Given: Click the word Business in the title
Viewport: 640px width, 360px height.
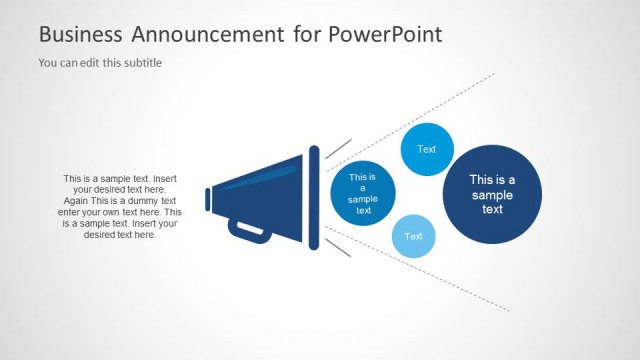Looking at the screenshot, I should point(78,34).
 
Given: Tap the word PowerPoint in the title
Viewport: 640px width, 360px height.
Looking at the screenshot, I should point(383,34).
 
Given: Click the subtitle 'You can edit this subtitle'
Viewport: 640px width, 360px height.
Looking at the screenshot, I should point(100,62).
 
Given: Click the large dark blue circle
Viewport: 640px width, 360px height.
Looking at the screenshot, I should point(492,194).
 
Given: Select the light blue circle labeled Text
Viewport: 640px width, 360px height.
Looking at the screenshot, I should point(413,237).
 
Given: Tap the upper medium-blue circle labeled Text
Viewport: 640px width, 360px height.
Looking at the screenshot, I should point(427,150).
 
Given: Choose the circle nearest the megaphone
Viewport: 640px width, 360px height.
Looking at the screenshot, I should point(363,193).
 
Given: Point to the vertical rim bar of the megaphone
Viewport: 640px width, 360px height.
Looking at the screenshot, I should point(314,197).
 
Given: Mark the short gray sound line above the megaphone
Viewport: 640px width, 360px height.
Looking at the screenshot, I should point(338,149).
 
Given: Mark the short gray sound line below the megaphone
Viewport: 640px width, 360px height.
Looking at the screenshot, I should point(338,246).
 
